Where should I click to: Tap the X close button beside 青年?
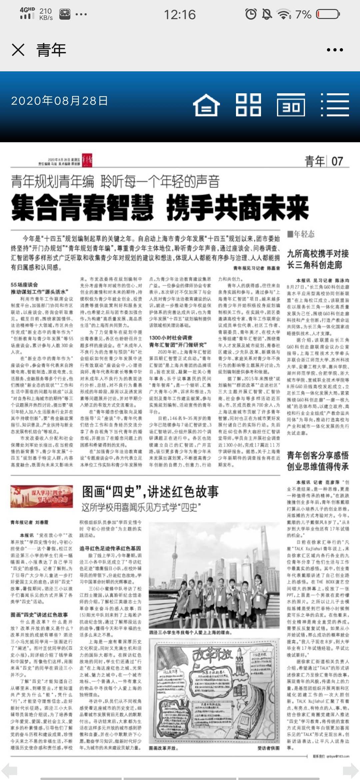18,50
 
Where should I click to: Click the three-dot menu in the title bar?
335,50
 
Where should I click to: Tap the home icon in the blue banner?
206,105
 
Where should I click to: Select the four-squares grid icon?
248,105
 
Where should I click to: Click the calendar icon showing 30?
291,105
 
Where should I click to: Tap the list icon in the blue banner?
335,105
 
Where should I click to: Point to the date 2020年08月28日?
59,101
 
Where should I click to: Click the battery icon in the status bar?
328,14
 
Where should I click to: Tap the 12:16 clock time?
180,15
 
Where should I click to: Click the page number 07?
337,161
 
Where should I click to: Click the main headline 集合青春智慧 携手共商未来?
160,208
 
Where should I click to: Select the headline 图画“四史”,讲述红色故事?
150,492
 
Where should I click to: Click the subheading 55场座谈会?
24,285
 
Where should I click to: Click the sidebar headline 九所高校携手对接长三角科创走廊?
318,259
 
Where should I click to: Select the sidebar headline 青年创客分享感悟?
318,455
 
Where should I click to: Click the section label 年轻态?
301,234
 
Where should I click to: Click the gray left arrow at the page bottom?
9,771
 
